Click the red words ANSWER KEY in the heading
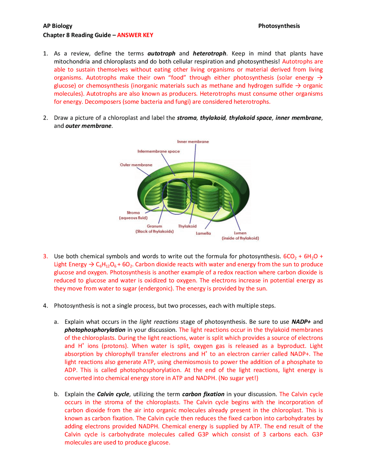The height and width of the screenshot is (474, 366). [x=135, y=35]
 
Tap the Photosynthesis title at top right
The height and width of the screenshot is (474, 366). [x=279, y=26]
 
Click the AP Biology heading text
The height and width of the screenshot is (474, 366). [x=57, y=26]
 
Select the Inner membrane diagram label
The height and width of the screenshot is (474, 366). [x=193, y=142]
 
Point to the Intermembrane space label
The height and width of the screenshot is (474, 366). [x=158, y=151]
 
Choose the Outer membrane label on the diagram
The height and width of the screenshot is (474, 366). [x=136, y=165]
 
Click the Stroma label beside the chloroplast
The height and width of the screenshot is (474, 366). [x=133, y=213]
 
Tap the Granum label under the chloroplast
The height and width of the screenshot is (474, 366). [x=154, y=226]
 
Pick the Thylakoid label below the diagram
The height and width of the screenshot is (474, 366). [x=187, y=226]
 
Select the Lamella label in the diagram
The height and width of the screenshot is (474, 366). [x=203, y=233]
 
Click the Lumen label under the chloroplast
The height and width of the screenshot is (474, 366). [x=240, y=233]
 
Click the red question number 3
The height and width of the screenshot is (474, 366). [x=45, y=256]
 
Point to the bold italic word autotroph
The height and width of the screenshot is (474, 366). [x=161, y=54]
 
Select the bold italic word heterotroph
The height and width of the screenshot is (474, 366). [x=209, y=54]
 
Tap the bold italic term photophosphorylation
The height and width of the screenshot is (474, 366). [x=95, y=330]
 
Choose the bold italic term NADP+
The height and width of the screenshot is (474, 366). [x=301, y=322]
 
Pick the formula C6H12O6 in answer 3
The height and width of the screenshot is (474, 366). [x=106, y=265]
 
